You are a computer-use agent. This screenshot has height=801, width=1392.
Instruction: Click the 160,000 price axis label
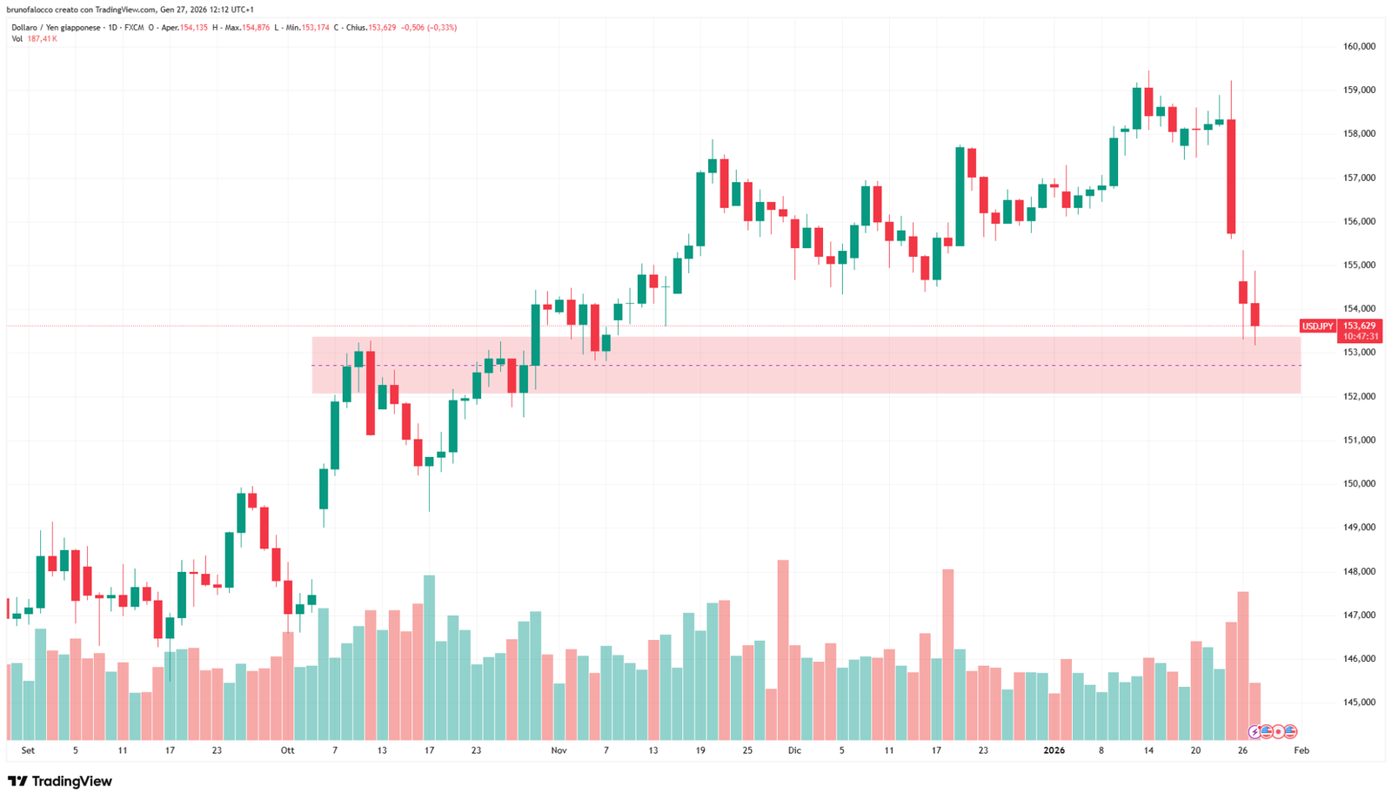[x=1359, y=46]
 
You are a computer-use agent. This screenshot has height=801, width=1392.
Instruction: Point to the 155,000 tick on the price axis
[x=1359, y=265]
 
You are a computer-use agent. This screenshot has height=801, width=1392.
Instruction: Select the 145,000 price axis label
[x=1359, y=702]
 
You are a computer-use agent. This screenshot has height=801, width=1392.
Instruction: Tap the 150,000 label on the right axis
[x=1359, y=483]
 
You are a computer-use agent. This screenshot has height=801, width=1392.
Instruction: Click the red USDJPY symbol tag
[x=1317, y=326]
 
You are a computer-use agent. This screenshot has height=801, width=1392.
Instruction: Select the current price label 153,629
[x=1360, y=326]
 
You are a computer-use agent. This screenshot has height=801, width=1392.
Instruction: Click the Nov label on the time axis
[x=559, y=750]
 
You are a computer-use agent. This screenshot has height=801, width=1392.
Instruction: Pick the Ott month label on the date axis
[x=287, y=750]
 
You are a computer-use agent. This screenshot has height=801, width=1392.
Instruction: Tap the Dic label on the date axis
[x=794, y=750]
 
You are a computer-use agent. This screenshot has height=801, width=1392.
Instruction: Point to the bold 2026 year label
[x=1054, y=750]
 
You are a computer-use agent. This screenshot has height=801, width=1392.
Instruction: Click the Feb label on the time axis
[x=1301, y=750]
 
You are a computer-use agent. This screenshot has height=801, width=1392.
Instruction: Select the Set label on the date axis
[x=28, y=750]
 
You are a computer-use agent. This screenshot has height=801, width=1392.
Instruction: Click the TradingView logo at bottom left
[x=60, y=781]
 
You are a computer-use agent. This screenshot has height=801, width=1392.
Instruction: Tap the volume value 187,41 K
[x=43, y=39]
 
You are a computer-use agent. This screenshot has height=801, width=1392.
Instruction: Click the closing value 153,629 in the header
[x=381, y=28]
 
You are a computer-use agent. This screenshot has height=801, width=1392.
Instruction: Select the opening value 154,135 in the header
[x=193, y=28]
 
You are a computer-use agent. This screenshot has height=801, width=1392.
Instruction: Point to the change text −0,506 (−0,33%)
[x=428, y=28]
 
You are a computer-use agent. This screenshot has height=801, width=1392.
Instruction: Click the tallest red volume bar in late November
[x=783, y=649]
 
